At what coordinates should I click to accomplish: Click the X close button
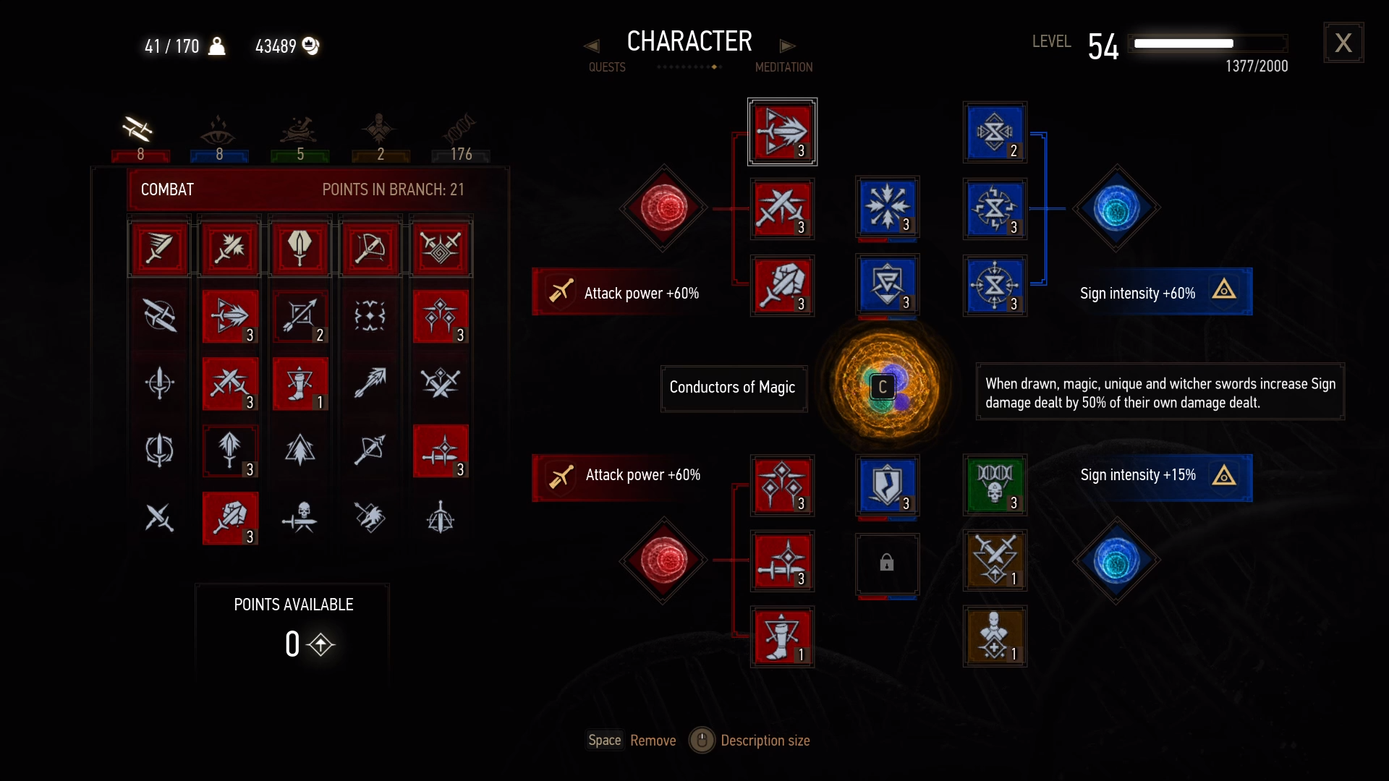(1343, 43)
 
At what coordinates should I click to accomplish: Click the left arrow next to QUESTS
(592, 46)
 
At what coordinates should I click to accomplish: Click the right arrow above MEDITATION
(787, 46)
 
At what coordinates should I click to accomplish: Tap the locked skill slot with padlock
(887, 563)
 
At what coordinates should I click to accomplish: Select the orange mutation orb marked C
(884, 387)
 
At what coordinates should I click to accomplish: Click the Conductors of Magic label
(733, 388)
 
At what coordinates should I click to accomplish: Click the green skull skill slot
(995, 484)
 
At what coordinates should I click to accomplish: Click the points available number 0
(292, 644)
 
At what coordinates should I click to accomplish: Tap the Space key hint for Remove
(604, 740)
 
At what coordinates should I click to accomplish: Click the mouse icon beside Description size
(701, 740)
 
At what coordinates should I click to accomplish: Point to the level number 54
(1103, 47)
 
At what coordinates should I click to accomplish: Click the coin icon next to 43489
(310, 46)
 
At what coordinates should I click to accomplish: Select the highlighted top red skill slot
(782, 132)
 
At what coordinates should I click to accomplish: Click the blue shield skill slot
(887, 485)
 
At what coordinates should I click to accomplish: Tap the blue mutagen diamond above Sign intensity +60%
(1116, 208)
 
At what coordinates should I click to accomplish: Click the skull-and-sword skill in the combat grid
(300, 517)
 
